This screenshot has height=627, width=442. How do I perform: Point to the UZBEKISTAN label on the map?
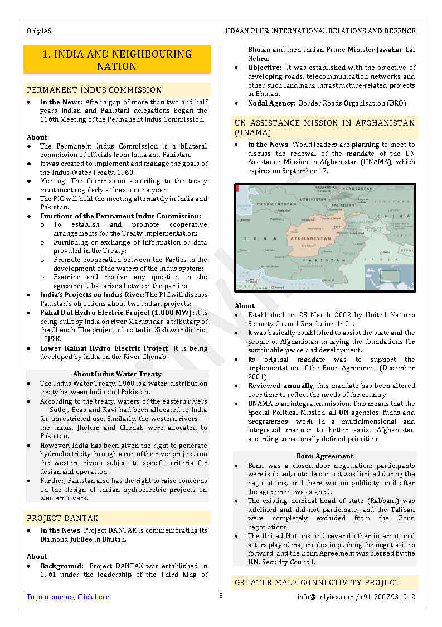pyautogui.click(x=313, y=199)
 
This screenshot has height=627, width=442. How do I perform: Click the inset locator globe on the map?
pyautogui.click(x=389, y=276)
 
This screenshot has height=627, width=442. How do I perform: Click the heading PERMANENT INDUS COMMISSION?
pyautogui.click(x=94, y=90)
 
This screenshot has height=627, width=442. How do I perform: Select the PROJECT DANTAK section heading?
pyautogui.click(x=62, y=518)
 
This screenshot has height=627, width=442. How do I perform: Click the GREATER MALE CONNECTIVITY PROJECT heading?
pyautogui.click(x=317, y=582)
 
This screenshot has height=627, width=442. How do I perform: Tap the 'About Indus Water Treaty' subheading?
pyautogui.click(x=117, y=374)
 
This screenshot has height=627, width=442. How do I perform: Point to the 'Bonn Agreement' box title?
pyautogui.click(x=324, y=456)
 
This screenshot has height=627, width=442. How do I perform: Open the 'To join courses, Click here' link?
pyautogui.click(x=68, y=597)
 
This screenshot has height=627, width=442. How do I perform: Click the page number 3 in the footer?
pyautogui.click(x=221, y=596)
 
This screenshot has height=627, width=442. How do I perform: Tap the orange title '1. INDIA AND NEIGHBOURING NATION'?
pyautogui.click(x=117, y=60)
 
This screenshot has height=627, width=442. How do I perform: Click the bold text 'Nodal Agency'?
pyautogui.click(x=271, y=103)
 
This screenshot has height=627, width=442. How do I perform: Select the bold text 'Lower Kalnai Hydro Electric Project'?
pyautogui.click(x=104, y=348)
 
